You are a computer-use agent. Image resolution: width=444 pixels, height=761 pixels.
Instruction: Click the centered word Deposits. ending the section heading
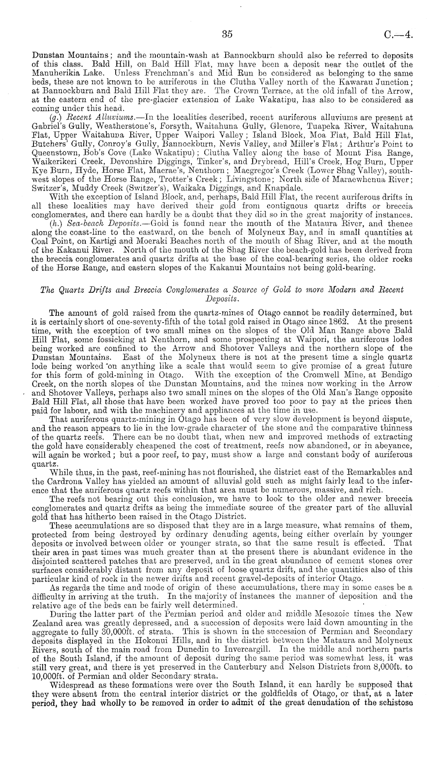click(222, 298)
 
